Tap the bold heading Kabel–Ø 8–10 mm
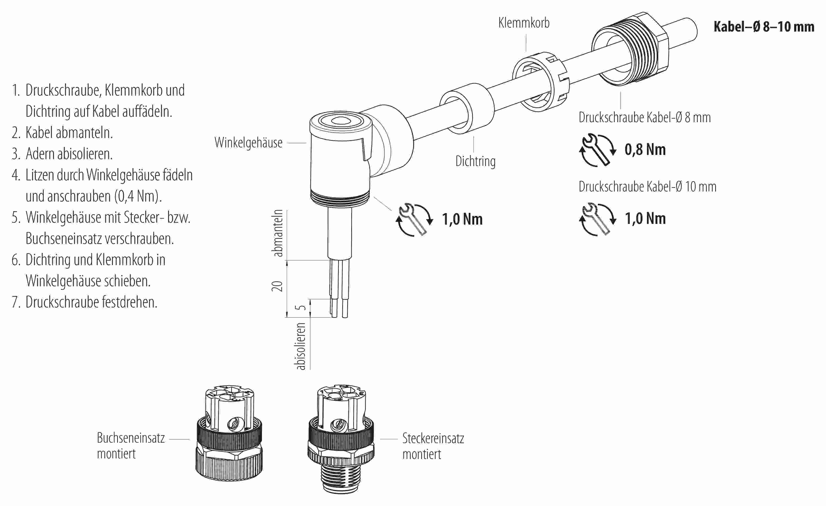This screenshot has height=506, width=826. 763,26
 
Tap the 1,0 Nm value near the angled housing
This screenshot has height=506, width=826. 462,219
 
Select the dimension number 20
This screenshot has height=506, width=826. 277,286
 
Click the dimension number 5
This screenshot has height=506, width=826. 302,308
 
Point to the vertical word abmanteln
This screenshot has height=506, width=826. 278,233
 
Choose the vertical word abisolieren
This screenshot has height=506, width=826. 301,346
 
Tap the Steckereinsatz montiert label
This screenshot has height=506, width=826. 433,446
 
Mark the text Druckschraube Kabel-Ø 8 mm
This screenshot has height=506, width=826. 644,117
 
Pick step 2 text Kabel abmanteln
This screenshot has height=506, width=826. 69,133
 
